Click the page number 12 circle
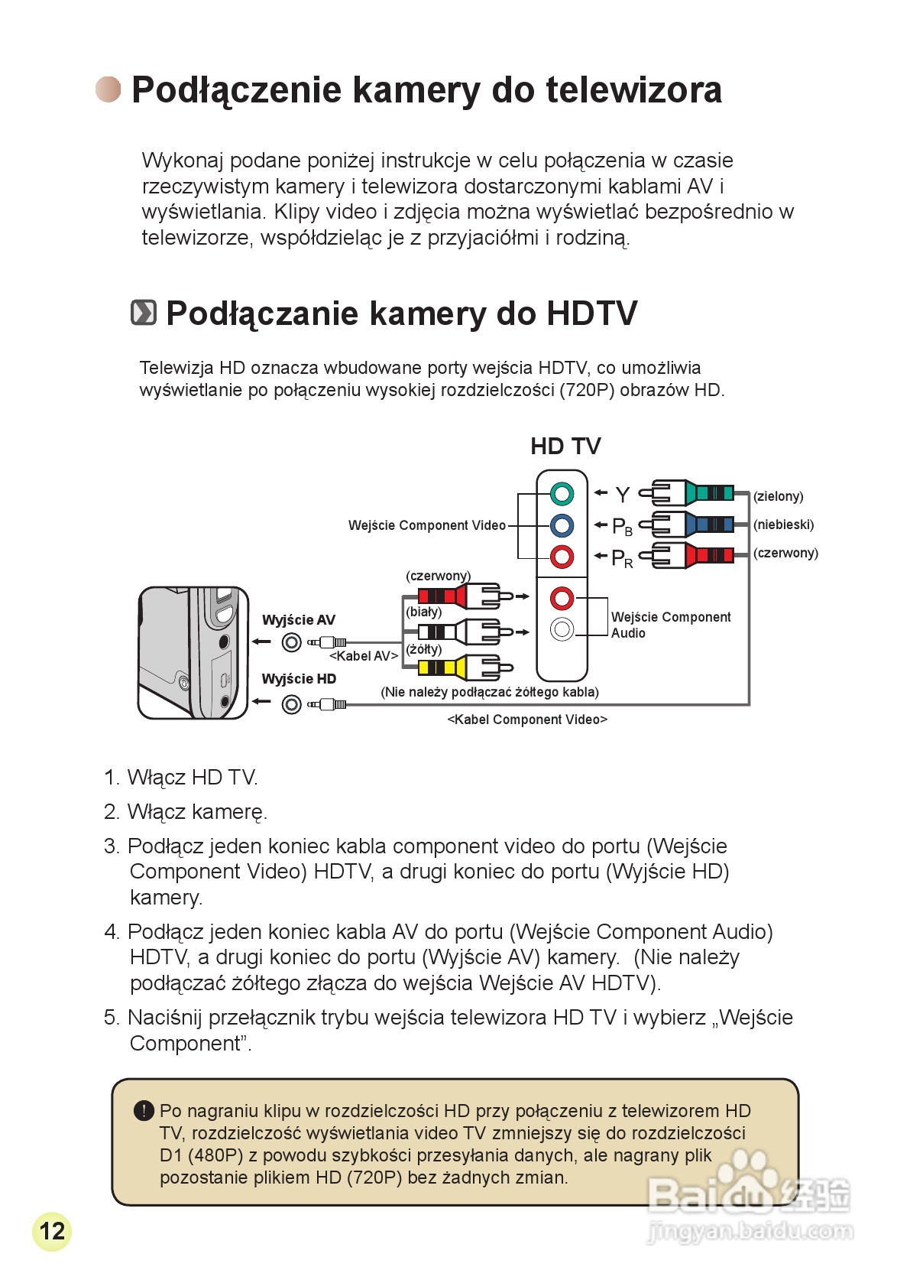[x=52, y=1231]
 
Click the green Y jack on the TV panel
[x=562, y=493]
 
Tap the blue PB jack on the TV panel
[x=562, y=525]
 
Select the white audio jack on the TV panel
[x=562, y=629]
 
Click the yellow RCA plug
[x=458, y=667]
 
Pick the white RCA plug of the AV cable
[x=458, y=632]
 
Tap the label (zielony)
[x=778, y=496]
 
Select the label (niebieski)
[x=783, y=525]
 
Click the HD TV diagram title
[x=565, y=446]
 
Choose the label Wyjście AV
[x=298, y=620]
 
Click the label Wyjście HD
[x=299, y=679]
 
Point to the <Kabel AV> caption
[x=364, y=656]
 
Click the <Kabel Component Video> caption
[x=527, y=719]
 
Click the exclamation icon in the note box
[x=144, y=1111]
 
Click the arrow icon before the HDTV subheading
[x=144, y=313]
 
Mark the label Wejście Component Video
[x=426, y=525]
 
